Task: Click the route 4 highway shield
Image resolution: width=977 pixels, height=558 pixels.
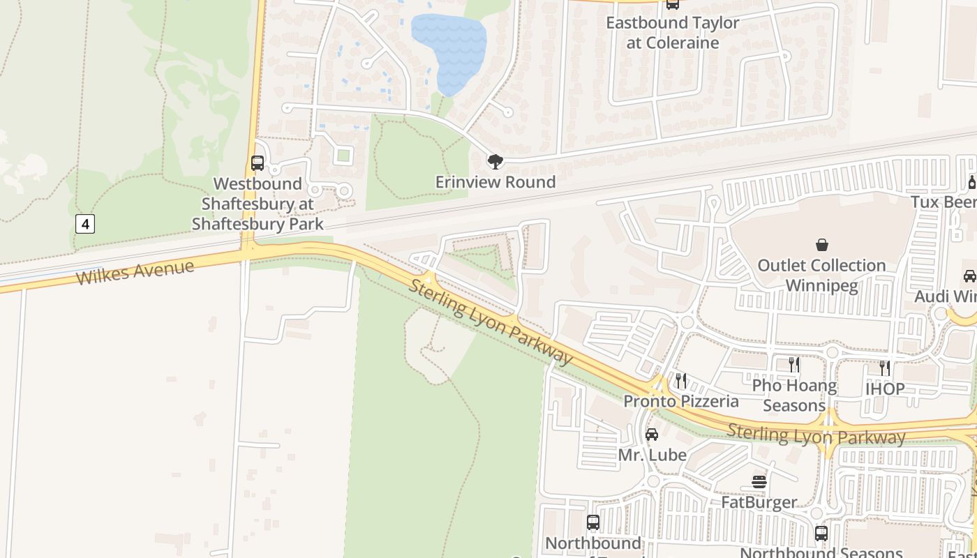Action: tap(84, 224)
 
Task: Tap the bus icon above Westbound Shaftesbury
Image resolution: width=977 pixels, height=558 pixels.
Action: tap(258, 163)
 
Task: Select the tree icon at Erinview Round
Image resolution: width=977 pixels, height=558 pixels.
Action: tap(495, 163)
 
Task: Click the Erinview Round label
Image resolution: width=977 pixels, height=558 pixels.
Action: tap(495, 182)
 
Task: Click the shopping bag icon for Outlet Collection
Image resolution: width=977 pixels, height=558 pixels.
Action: tap(822, 245)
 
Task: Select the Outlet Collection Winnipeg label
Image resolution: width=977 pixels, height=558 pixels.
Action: tap(822, 276)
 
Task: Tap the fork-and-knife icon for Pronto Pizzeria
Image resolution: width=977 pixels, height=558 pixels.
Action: tap(681, 381)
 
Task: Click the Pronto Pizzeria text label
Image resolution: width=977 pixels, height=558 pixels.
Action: tap(681, 401)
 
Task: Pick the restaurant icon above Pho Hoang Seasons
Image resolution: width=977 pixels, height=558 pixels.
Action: tap(794, 364)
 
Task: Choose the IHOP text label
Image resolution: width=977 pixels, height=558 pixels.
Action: tap(885, 389)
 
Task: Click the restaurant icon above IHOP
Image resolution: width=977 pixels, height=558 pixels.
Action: tap(885, 368)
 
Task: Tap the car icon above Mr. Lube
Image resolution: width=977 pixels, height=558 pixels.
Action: tap(652, 435)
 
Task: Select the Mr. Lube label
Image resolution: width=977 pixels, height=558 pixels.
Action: tap(652, 455)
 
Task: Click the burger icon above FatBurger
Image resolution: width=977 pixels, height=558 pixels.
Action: tap(759, 482)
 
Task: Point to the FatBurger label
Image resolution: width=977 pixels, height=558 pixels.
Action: tap(759, 502)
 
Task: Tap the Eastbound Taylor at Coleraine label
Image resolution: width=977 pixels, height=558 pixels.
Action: tap(673, 33)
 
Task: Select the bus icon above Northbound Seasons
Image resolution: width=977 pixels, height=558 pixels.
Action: tap(821, 534)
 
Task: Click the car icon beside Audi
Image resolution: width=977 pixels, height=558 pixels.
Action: tap(970, 276)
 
